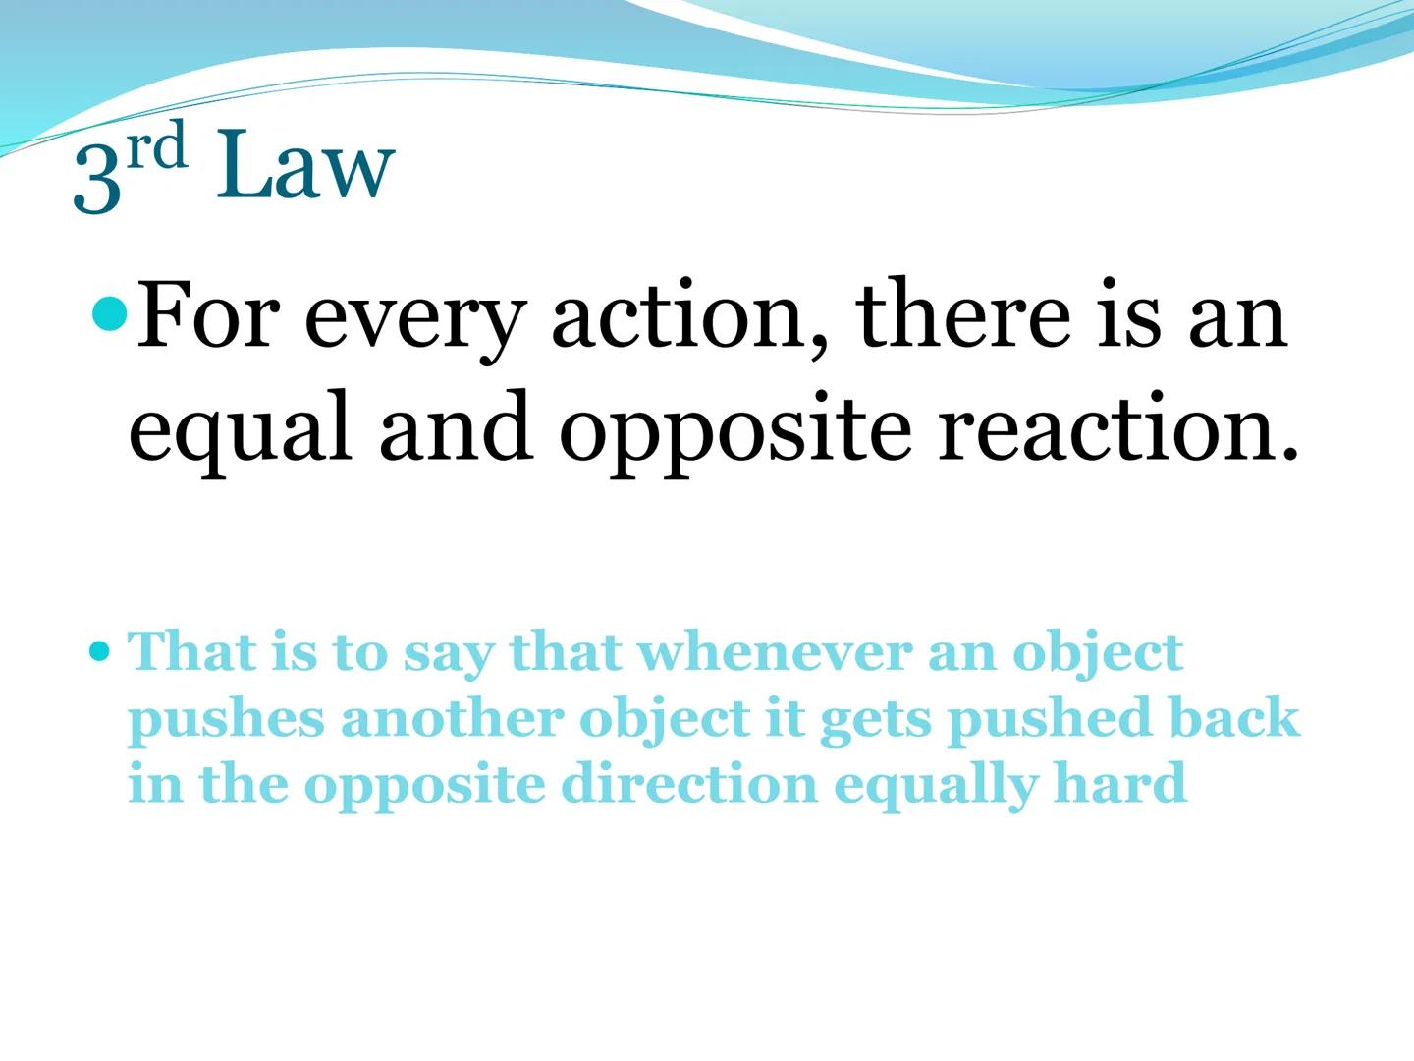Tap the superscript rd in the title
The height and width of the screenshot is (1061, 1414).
[x=157, y=147]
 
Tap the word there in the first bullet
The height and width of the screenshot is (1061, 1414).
[x=962, y=316]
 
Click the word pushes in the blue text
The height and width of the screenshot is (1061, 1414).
[x=226, y=719]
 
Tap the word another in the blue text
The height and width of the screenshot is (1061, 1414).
[x=452, y=718]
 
